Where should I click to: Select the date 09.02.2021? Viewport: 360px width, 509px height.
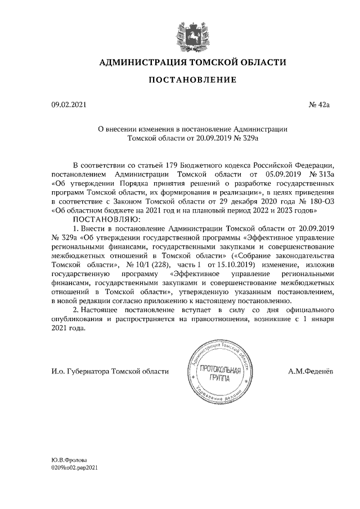66,105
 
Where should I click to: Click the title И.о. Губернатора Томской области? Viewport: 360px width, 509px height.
109,371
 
